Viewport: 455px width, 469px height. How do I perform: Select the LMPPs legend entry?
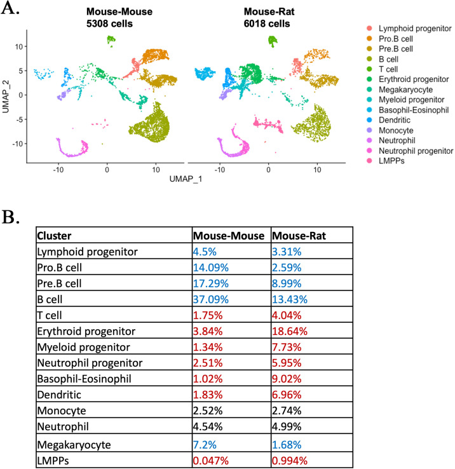pos(389,161)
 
